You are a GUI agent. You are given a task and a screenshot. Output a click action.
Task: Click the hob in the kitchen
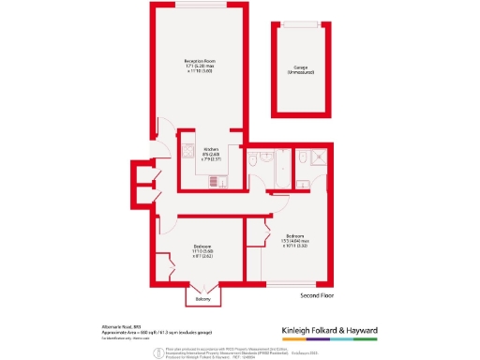pos(188,152)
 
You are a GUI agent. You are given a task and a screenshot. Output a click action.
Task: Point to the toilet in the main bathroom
pos(255,161)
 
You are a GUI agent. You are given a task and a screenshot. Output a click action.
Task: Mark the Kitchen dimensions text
pos(214,157)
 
